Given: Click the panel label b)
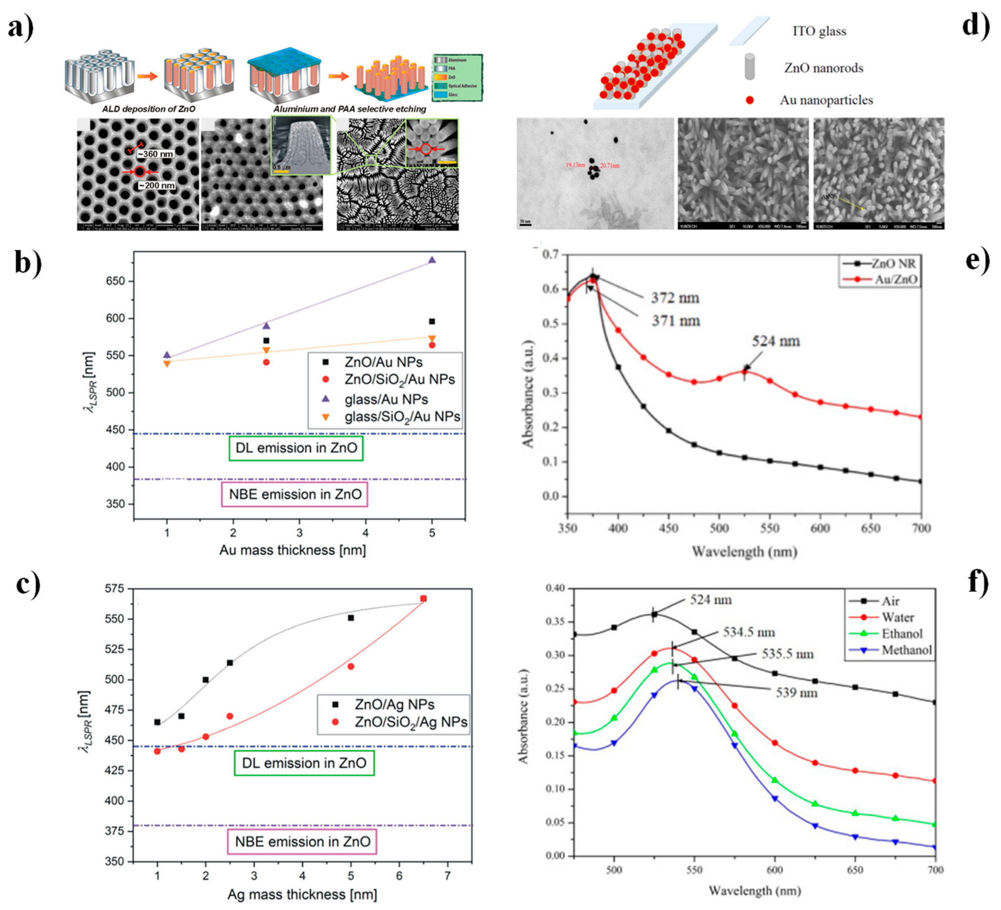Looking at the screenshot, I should (x=28, y=263).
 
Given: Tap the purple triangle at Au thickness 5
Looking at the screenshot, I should (x=432, y=260).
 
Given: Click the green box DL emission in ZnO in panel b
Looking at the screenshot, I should (x=296, y=448).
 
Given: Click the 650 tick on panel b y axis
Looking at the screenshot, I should (x=116, y=281).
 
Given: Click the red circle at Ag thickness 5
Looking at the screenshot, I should (x=350, y=666).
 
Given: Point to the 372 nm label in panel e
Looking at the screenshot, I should (x=675, y=298).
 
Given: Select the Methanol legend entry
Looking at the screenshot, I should (x=906, y=650).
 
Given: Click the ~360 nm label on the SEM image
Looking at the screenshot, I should (x=156, y=154).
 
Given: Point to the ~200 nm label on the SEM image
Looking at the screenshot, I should (x=157, y=186).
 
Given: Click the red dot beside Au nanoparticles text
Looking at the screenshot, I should (x=750, y=100).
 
